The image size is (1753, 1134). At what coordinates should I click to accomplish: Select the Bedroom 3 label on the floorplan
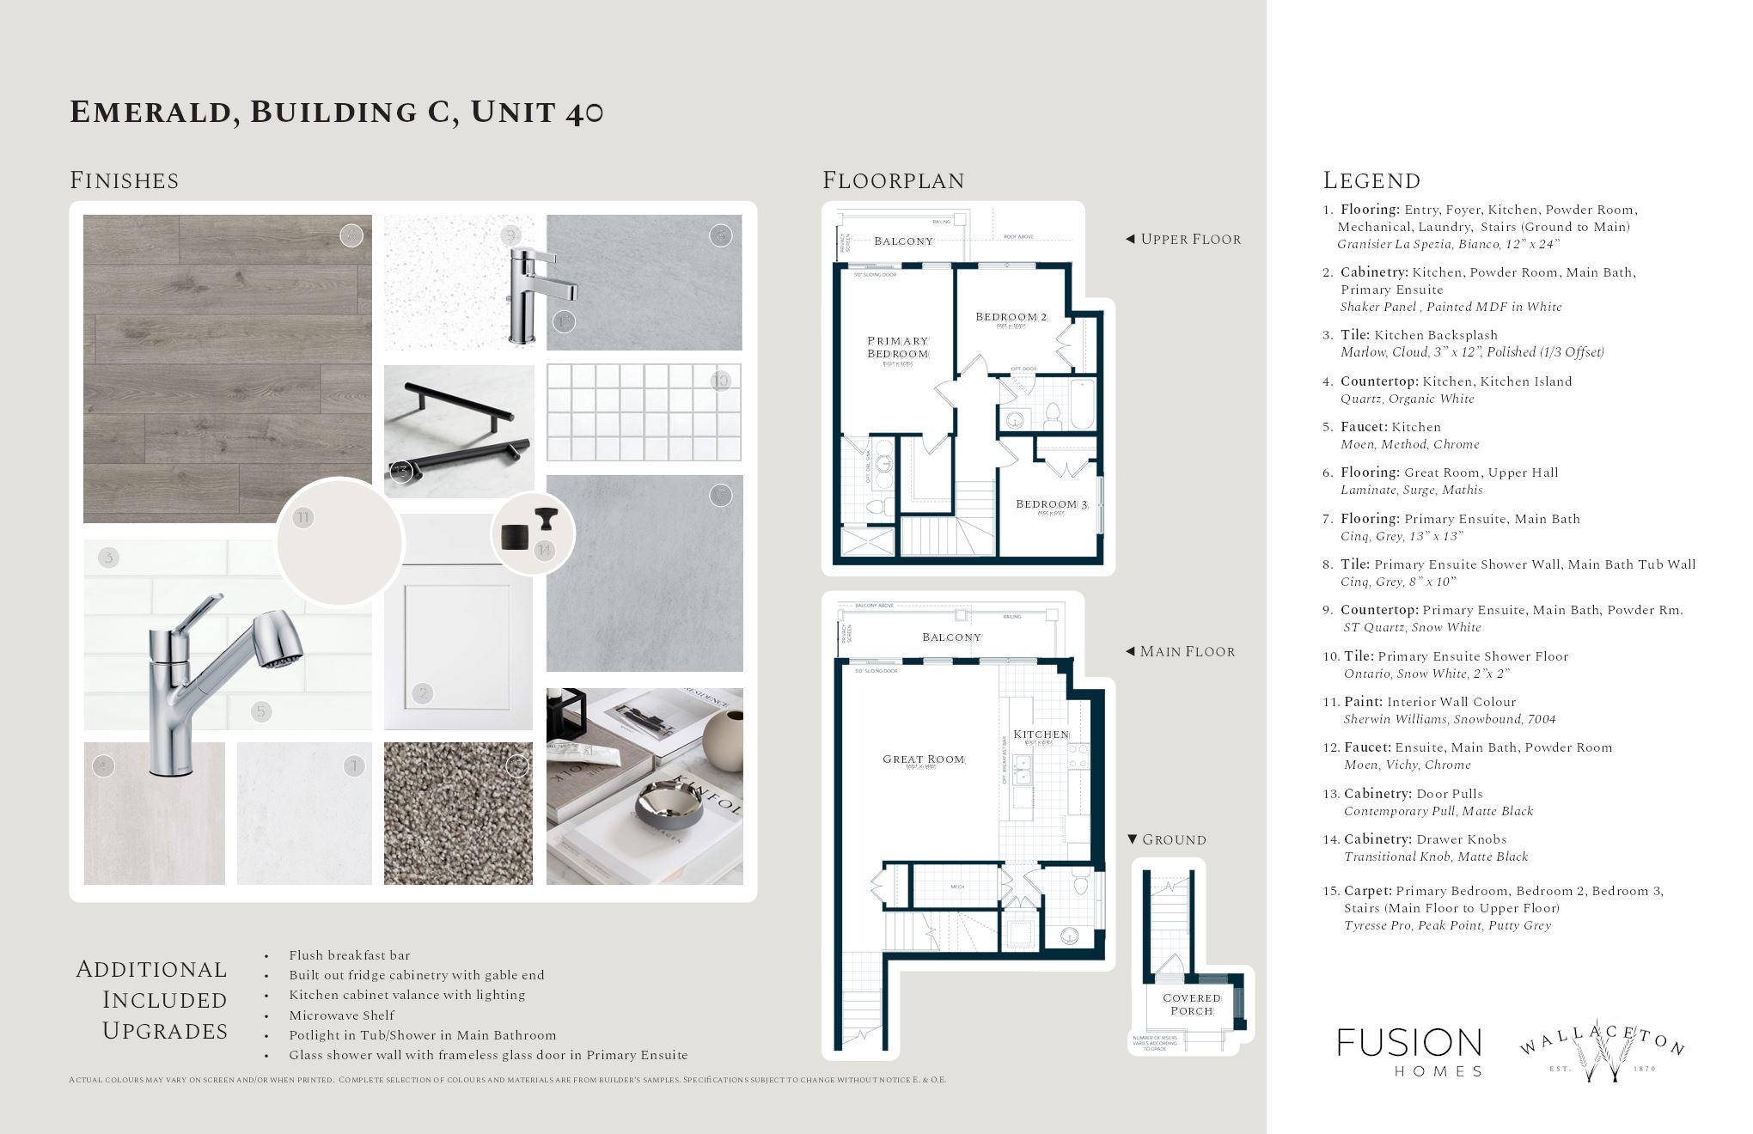(x=1052, y=505)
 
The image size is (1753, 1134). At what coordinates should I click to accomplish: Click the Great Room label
(x=924, y=759)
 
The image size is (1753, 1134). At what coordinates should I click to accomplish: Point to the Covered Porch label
(x=1192, y=1004)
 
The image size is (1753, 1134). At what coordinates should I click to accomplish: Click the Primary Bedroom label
(x=898, y=347)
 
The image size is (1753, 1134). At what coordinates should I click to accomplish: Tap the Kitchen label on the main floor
(x=1041, y=735)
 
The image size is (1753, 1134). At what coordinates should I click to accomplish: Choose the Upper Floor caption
(x=1190, y=240)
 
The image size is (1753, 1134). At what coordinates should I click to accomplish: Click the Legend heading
(x=1371, y=180)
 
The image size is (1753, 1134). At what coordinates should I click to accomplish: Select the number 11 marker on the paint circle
(x=302, y=518)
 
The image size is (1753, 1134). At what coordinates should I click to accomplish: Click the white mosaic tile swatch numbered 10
(x=644, y=412)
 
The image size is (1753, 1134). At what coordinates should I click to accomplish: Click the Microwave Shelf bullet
(x=341, y=1015)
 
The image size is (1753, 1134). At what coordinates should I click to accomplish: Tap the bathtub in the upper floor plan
(x=1081, y=404)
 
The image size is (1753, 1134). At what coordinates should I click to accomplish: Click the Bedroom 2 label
(x=1011, y=317)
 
